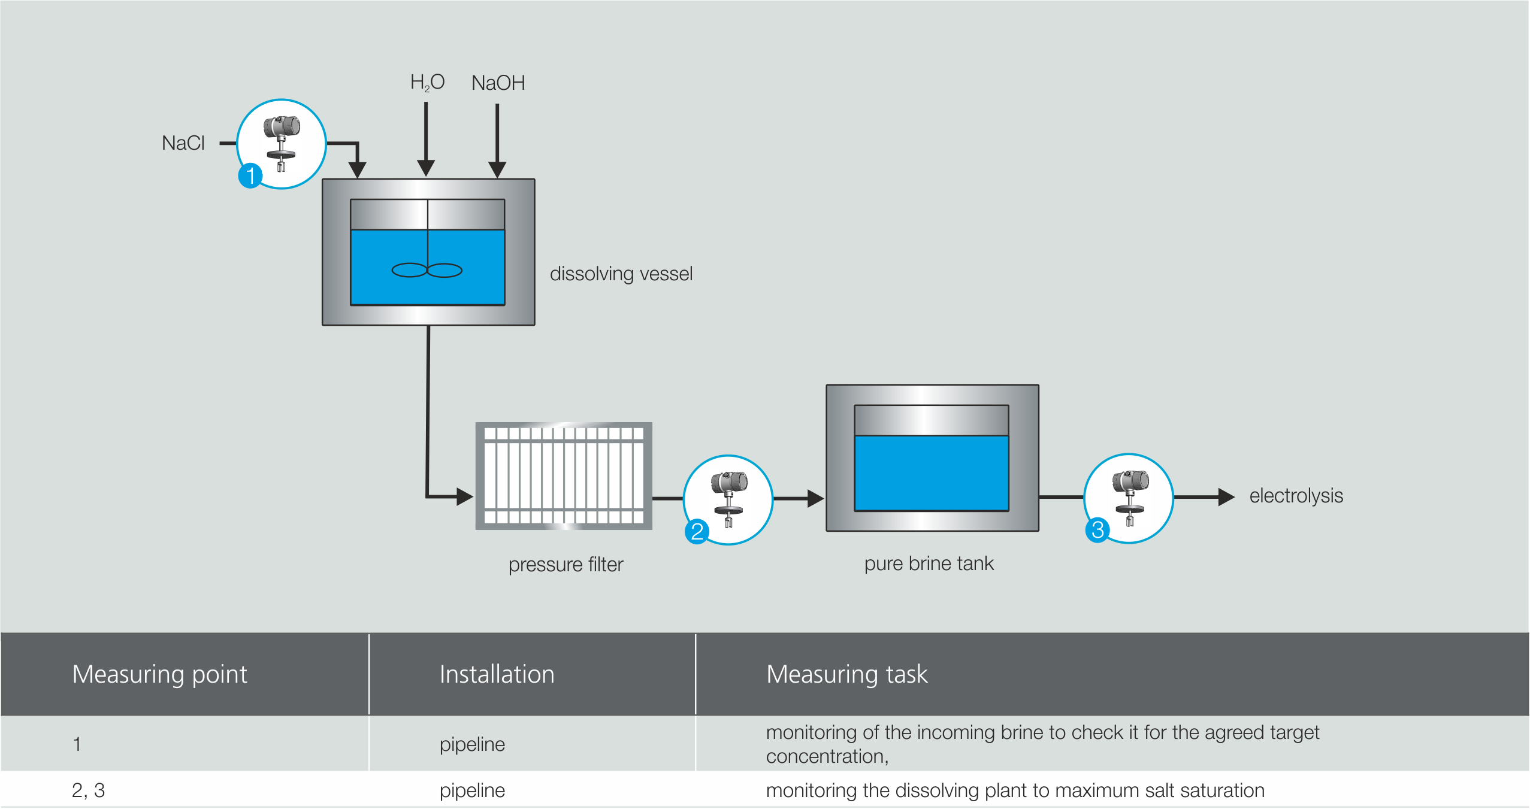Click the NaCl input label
[x=183, y=143]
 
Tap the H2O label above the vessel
[x=427, y=83]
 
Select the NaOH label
[x=498, y=83]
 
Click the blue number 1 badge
[x=250, y=175]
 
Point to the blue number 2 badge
[x=697, y=531]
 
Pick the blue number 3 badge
[x=1097, y=529]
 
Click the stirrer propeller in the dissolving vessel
[x=427, y=271]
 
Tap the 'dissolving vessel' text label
[x=621, y=274]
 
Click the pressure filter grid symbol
[x=563, y=476]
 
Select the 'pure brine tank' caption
[x=929, y=563]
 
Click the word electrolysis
[x=1296, y=496]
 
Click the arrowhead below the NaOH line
[x=497, y=169]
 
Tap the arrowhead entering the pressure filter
[x=464, y=496]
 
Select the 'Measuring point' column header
[x=159, y=674]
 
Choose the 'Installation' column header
[x=497, y=674]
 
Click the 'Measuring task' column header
[x=846, y=674]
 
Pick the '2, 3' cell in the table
[x=88, y=790]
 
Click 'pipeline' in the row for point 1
[x=472, y=744]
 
